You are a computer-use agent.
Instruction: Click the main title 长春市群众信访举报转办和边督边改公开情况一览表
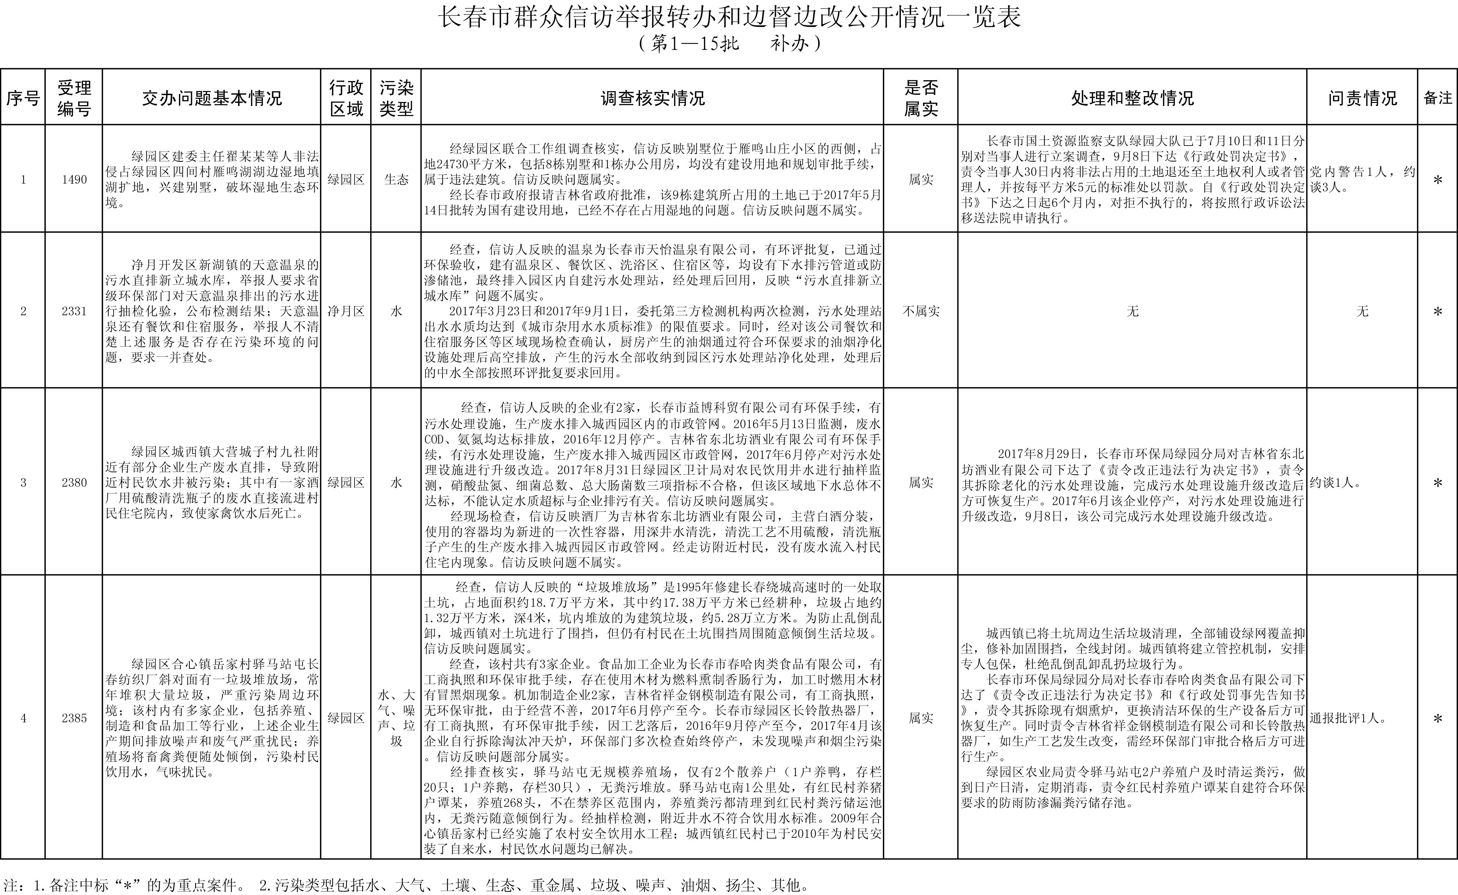click(x=729, y=18)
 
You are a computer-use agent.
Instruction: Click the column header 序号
click(x=22, y=98)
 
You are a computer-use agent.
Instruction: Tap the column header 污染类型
click(x=396, y=98)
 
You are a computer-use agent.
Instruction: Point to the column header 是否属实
click(x=921, y=98)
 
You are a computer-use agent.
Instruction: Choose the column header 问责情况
click(x=1362, y=98)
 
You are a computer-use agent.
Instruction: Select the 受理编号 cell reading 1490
click(x=74, y=179)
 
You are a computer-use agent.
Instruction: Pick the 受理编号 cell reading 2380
click(x=74, y=482)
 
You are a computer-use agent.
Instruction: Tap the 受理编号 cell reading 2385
click(x=74, y=718)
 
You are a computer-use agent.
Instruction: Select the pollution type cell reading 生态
click(x=396, y=179)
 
